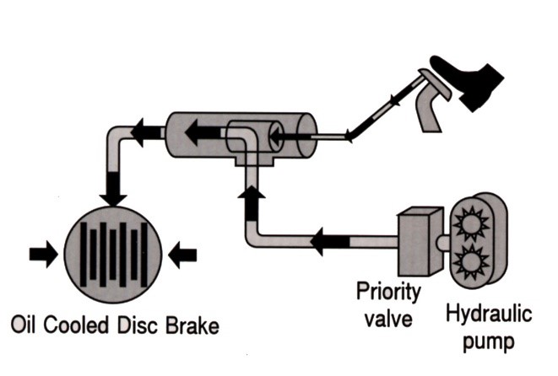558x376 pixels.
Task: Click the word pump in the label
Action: coord(487,343)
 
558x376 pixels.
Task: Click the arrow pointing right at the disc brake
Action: coord(40,253)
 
